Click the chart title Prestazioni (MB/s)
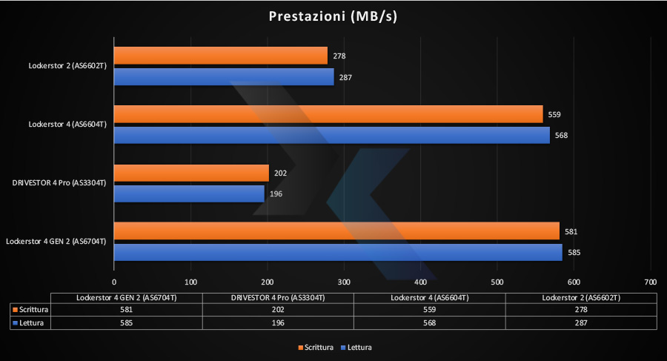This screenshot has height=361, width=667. pos(333,16)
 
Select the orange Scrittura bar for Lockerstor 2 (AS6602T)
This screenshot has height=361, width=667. pos(220,56)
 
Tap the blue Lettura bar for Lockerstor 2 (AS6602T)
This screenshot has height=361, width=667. pos(224,76)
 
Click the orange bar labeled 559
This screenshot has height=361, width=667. pos(328,114)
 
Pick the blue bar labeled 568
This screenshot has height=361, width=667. pos(331,135)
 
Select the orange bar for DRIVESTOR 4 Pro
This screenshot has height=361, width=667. pos(191,173)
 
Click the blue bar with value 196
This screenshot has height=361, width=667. pos(189,193)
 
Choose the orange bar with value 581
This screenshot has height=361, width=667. pos(336,231)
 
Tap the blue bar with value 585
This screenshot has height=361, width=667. pos(338,252)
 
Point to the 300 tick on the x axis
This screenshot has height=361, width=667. pos(344,282)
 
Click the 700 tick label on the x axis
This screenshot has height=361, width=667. pos(650,282)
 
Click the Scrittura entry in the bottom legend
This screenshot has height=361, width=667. pos(316,347)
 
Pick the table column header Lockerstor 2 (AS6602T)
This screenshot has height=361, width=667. pos(582,297)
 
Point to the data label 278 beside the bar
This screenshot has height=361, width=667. pos(340,56)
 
